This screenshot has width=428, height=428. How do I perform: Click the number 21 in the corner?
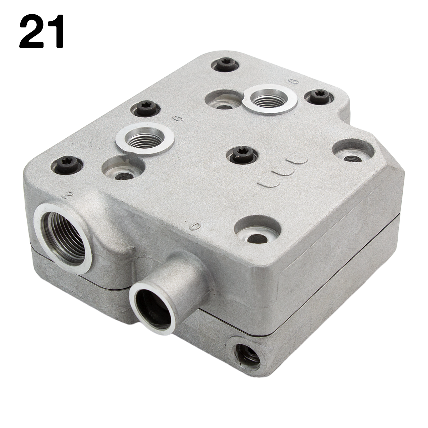42,31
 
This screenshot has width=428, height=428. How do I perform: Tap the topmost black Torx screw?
225,65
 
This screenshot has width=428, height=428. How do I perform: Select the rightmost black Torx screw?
318,97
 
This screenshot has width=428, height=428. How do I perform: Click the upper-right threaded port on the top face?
270,99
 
